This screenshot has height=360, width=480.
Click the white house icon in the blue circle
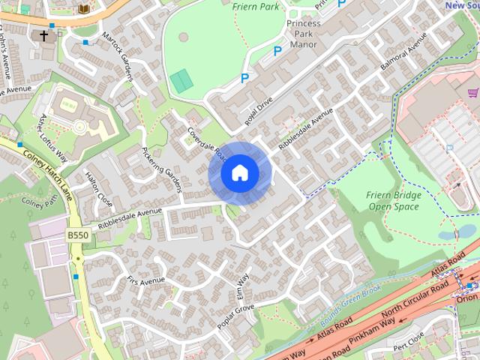tap(240, 173)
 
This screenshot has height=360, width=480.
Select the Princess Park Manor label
tap(303, 34)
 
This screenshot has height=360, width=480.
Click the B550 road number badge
tap(77, 235)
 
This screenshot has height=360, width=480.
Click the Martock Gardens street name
tap(118, 57)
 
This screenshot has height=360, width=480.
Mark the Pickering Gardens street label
tap(162, 165)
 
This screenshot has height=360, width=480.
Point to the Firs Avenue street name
tap(145, 281)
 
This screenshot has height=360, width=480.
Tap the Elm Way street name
tap(242, 289)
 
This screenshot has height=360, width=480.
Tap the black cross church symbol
tap(43, 35)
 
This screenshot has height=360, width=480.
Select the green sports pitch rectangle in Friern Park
tap(181, 80)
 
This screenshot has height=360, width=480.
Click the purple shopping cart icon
tap(472, 93)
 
